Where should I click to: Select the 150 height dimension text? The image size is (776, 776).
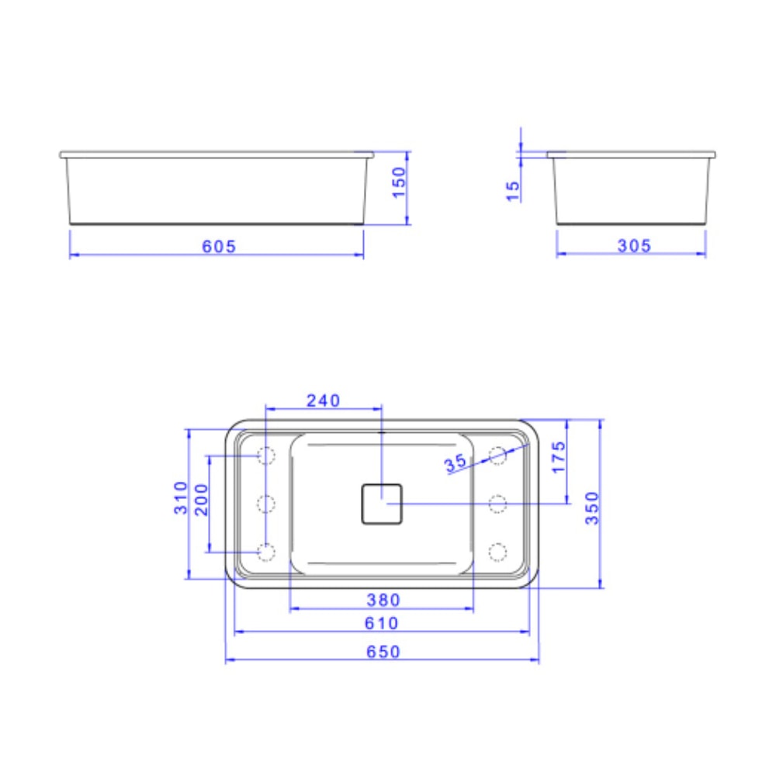[399, 182]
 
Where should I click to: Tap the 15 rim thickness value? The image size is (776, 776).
[513, 191]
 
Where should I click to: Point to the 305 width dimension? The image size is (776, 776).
[634, 246]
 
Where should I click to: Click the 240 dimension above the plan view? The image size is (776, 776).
[323, 400]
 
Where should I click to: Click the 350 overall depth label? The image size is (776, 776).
[592, 508]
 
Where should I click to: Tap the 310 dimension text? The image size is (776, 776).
[181, 497]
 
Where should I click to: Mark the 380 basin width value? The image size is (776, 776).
[383, 600]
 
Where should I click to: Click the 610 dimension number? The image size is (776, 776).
[381, 623]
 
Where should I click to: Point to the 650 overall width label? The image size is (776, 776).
[383, 652]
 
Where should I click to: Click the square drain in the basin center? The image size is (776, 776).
[381, 504]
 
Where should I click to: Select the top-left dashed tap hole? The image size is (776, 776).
[266, 456]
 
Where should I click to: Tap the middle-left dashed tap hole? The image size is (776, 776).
[266, 504]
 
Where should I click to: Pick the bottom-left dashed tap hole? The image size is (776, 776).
[266, 552]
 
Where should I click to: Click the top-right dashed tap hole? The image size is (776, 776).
[497, 456]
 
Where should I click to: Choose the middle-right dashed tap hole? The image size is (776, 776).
[497, 504]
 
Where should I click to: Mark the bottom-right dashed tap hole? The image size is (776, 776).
[497, 552]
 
